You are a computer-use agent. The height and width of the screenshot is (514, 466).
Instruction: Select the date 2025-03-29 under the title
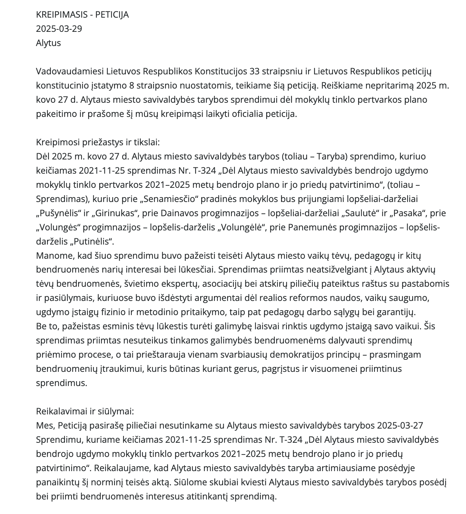point(59,29)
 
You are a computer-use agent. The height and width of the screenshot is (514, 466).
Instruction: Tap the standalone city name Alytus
point(48,43)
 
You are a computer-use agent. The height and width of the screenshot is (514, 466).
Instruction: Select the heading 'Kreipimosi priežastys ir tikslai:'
point(98,142)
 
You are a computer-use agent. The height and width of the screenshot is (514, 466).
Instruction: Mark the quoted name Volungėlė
point(245,227)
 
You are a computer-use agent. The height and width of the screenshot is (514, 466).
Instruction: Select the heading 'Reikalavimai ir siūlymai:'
point(85,411)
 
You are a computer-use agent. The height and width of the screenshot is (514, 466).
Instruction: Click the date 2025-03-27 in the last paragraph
point(400,425)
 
